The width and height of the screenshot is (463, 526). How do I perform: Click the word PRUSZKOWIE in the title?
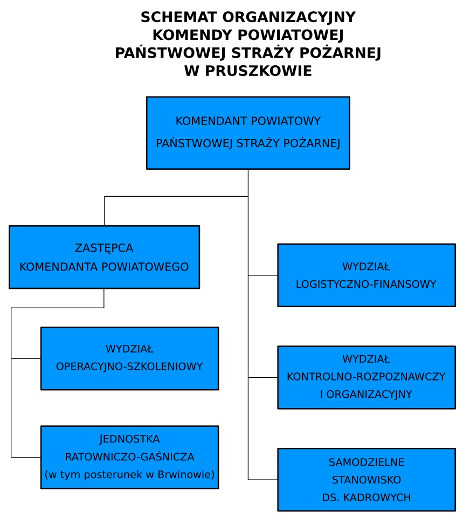tap(258, 71)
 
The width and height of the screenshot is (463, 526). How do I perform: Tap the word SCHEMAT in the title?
tap(179, 17)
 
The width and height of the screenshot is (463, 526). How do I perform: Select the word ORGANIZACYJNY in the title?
tap(289, 17)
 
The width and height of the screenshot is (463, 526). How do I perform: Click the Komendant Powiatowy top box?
tap(248, 133)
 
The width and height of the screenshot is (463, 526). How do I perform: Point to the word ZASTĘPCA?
tap(104, 248)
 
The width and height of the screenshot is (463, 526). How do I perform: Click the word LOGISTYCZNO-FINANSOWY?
tap(366, 285)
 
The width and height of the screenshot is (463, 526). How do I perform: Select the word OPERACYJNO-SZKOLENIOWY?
tap(129, 366)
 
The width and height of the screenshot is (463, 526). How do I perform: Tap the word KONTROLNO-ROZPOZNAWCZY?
tap(366, 377)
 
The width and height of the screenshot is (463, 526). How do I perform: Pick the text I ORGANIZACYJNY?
tap(366, 394)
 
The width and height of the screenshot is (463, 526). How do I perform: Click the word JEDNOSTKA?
tap(129, 439)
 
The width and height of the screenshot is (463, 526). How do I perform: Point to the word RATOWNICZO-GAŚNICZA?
tap(129, 457)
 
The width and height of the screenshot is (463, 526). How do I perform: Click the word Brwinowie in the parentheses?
tap(186, 475)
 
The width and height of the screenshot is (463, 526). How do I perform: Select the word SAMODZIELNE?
tap(367, 462)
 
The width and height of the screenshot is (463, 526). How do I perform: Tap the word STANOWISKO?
tap(367, 480)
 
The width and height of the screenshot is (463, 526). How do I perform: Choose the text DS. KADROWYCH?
tap(367, 497)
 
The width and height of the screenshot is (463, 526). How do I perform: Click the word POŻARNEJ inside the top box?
tap(312, 143)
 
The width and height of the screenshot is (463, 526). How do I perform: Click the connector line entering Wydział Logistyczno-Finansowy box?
tap(262, 275)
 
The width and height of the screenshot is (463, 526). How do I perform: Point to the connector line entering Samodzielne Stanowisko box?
tap(262, 480)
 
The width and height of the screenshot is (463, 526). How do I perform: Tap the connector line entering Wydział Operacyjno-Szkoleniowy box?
tap(26, 358)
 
